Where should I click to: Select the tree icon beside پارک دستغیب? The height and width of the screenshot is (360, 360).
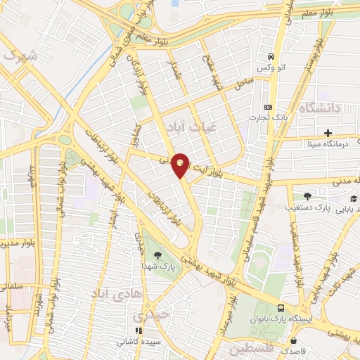307,196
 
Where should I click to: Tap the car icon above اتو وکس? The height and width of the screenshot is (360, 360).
269,57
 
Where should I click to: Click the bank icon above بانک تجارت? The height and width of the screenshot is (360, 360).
266,106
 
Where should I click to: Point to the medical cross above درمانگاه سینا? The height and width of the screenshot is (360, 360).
328,133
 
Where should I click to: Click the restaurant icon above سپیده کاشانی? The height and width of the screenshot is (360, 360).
139,330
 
